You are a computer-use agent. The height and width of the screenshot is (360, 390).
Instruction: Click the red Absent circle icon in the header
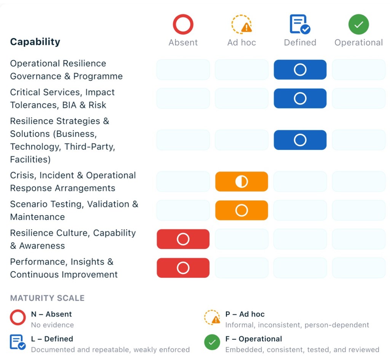pos(183,25)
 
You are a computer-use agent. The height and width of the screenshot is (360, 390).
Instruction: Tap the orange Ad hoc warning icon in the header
pos(242,25)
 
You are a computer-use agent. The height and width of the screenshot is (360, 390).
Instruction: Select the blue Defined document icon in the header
pos(300,25)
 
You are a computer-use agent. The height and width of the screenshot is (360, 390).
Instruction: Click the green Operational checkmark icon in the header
pos(358,25)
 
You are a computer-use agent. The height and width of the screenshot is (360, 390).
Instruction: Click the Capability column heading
pos(35,42)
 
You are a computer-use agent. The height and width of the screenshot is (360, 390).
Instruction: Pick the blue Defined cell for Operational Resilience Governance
pos(300,70)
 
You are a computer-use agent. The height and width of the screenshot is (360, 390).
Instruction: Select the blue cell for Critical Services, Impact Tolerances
pos(300,99)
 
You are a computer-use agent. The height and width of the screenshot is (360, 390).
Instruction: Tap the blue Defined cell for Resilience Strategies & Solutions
pos(300,140)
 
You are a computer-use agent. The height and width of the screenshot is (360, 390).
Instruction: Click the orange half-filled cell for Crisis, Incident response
pos(241,182)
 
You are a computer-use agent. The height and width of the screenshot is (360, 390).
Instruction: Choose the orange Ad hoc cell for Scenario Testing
pos(241,210)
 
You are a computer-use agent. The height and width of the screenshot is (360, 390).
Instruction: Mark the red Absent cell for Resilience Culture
pos(183,239)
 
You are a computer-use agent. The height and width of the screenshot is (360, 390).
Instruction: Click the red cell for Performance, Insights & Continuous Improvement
pos(183,268)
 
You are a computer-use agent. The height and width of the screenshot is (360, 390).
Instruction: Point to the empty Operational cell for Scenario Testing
pos(358,210)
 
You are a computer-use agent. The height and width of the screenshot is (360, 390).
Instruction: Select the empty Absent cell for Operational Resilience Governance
pos(183,70)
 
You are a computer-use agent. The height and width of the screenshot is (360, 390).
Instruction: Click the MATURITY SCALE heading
pos(47,298)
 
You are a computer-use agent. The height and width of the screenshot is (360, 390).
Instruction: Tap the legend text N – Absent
pos(51,314)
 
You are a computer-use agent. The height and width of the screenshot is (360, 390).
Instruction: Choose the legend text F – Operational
pos(254,339)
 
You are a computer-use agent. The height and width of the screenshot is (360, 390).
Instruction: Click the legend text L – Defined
pos(52,339)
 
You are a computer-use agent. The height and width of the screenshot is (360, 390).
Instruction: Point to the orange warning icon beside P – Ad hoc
pos(212,317)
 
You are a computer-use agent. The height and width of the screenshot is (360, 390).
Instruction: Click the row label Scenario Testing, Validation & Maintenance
pos(74,210)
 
